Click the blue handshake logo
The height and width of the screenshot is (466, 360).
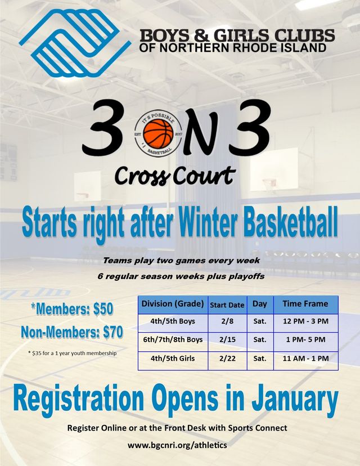coord(75,43)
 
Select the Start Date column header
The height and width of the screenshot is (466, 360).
coord(227,305)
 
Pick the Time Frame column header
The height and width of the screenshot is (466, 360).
coord(305,303)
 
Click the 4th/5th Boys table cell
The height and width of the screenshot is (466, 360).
coord(173,321)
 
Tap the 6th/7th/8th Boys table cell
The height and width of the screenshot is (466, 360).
coord(173,339)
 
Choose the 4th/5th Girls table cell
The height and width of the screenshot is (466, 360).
coord(173,358)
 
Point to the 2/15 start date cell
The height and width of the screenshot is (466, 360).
coord(227,339)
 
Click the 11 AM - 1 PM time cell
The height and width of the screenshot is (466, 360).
coord(305,358)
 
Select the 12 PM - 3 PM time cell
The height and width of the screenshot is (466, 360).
coord(305,321)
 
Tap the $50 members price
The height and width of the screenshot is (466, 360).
coord(103,309)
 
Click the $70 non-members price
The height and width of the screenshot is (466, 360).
coord(113,332)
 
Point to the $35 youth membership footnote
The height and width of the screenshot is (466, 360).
coord(72,353)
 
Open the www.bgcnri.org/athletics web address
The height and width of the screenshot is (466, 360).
coord(177,445)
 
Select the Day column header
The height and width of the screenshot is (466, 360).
coord(260,304)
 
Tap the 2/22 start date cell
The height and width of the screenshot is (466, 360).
coord(227,358)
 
